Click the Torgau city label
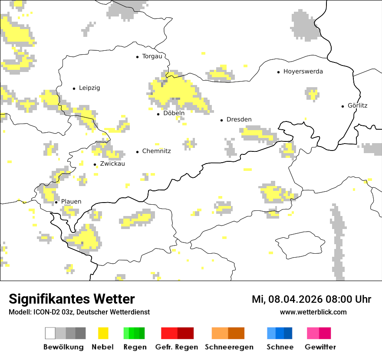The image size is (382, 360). pyautogui.click(x=152, y=56)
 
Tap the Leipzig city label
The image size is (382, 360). pyautogui.click(x=89, y=88)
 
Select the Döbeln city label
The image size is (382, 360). pyautogui.click(x=174, y=113)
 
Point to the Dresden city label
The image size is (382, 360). pyautogui.click(x=239, y=119)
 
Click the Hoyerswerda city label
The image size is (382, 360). pyautogui.click(x=303, y=72)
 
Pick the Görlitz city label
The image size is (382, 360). pyautogui.click(x=357, y=105)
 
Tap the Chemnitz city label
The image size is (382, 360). pyautogui.click(x=156, y=151)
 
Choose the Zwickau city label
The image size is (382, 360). pyautogui.click(x=112, y=164)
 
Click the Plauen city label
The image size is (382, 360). pyautogui.click(x=71, y=202)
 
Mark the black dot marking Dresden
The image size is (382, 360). pyautogui.click(x=221, y=120)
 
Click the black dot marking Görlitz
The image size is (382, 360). pyautogui.click(x=343, y=106)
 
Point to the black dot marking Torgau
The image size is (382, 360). pyautogui.click(x=138, y=57)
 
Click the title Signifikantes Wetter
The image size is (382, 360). pyautogui.click(x=72, y=299)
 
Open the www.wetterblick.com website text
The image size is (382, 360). pyautogui.click(x=313, y=312)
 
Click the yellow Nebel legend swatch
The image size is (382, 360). pyautogui.click(x=103, y=333)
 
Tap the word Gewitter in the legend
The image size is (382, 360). pyautogui.click(x=320, y=347)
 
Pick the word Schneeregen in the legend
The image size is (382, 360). pyautogui.click(x=229, y=347)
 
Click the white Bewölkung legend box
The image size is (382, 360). pyautogui.click(x=50, y=333)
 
